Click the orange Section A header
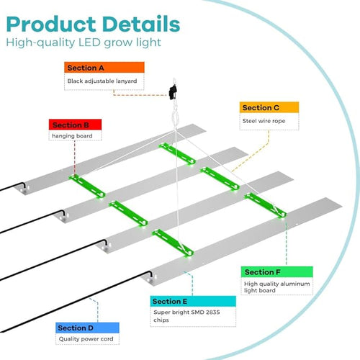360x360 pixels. pos(104,68)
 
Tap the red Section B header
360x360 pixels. pos(75,125)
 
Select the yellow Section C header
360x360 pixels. pos(269,107)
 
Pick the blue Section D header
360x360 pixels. pos(87,328)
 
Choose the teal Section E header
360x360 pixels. pos(193,301)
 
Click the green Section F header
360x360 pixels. pos(277,272)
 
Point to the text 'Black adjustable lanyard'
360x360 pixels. pos(102,81)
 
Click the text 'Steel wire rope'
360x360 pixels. pos(264,121)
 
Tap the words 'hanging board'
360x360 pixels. pos(72,136)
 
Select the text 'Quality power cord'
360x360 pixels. pos(86,339)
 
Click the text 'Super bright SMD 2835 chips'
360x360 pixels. pos(186,316)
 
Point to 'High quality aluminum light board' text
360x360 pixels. pos(276,287)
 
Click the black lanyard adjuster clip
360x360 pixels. pos(173,92)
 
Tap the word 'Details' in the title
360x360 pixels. pos(141,24)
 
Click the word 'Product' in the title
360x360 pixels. pos(51,24)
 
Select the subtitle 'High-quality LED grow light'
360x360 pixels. pos(84,42)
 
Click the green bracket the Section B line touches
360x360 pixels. pos(87,186)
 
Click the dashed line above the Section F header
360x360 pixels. pos(286,243)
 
